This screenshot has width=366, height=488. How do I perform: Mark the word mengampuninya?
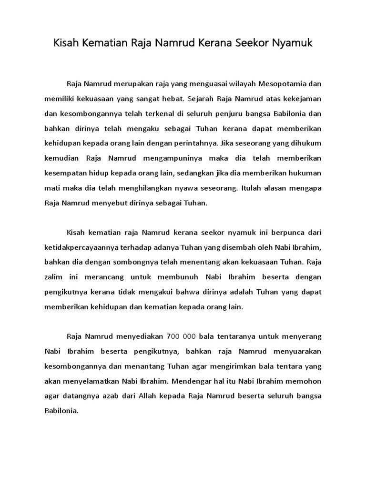(x=180, y=158)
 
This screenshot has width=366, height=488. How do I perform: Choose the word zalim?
(x=54, y=277)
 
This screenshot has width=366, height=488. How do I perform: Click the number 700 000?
(x=183, y=336)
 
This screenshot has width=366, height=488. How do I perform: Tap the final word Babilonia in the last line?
(x=61, y=410)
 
